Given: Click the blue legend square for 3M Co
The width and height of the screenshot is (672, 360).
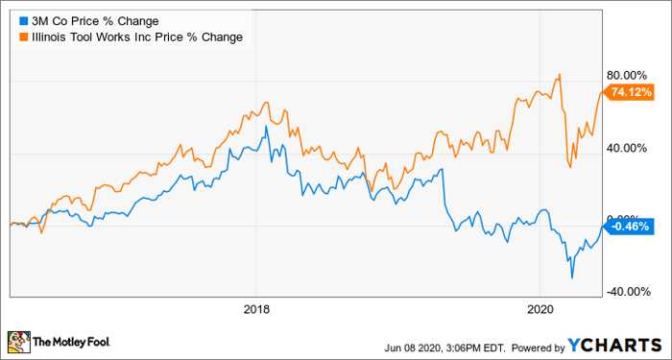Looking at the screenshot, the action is pyautogui.click(x=24, y=20).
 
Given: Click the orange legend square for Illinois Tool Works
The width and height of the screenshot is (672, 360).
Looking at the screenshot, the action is pyautogui.click(x=24, y=37).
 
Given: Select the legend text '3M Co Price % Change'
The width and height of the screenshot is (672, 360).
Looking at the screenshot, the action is pyautogui.click(x=95, y=20).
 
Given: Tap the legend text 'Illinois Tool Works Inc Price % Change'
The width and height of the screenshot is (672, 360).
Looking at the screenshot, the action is pyautogui.click(x=136, y=37).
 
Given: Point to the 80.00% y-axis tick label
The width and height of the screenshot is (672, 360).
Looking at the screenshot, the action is pyautogui.click(x=628, y=76).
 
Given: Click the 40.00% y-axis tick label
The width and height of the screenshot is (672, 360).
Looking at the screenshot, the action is pyautogui.click(x=628, y=148).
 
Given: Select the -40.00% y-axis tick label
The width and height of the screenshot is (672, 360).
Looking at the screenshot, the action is pyautogui.click(x=626, y=292).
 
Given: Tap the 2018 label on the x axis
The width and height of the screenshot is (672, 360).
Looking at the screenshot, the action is pyautogui.click(x=256, y=309).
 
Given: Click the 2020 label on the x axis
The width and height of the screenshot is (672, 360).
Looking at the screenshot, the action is pyautogui.click(x=540, y=309).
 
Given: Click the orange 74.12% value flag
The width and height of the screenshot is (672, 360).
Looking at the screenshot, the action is pyautogui.click(x=629, y=92).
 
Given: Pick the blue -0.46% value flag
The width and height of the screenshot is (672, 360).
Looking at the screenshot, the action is pyautogui.click(x=629, y=227).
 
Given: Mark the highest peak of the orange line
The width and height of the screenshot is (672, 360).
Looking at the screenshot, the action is pyautogui.click(x=560, y=74).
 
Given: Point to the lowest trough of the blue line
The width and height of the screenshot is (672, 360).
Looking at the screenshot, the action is pyautogui.click(x=572, y=277).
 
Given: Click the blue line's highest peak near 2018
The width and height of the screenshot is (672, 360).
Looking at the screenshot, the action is pyautogui.click(x=266, y=126).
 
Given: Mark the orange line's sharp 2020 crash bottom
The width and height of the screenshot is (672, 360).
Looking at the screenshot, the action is pyautogui.click(x=570, y=167).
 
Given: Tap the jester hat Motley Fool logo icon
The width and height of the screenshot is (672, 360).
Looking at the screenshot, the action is pyautogui.click(x=19, y=342).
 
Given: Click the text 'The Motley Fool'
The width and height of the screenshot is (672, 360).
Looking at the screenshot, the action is pyautogui.click(x=72, y=342).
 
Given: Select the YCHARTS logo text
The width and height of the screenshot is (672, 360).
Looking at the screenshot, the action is pyautogui.click(x=615, y=345).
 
